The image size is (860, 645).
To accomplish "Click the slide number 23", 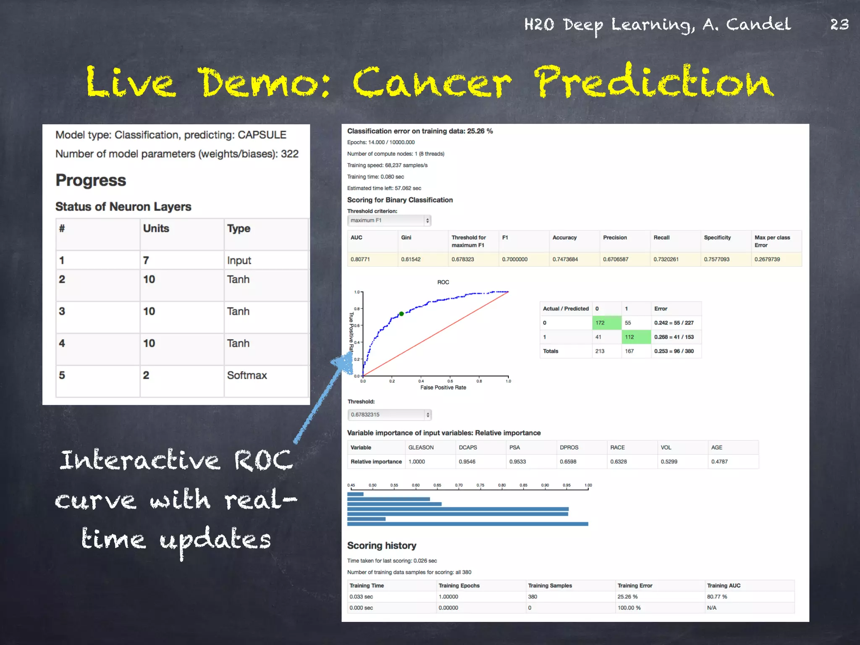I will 839,24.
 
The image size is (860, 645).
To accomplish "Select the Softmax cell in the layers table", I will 247,375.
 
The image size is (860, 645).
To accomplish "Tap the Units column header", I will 156,228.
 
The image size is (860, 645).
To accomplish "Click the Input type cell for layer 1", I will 239,260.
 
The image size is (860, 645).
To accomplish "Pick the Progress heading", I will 91,181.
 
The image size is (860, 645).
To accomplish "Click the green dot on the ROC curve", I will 401,314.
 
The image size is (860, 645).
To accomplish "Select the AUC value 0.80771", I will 360,260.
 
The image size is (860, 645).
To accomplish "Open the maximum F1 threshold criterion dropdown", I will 389,220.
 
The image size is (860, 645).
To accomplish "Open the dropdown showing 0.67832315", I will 389,414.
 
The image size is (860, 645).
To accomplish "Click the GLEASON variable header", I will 421,448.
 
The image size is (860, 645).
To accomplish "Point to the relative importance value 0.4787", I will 719,461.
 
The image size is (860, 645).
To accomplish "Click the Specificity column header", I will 717,238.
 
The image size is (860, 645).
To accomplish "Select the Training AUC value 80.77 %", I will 717,597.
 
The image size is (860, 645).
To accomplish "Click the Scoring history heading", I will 381,545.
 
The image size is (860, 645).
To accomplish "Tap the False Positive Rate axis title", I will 443,388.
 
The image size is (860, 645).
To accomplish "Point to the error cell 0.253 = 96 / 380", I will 674,351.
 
